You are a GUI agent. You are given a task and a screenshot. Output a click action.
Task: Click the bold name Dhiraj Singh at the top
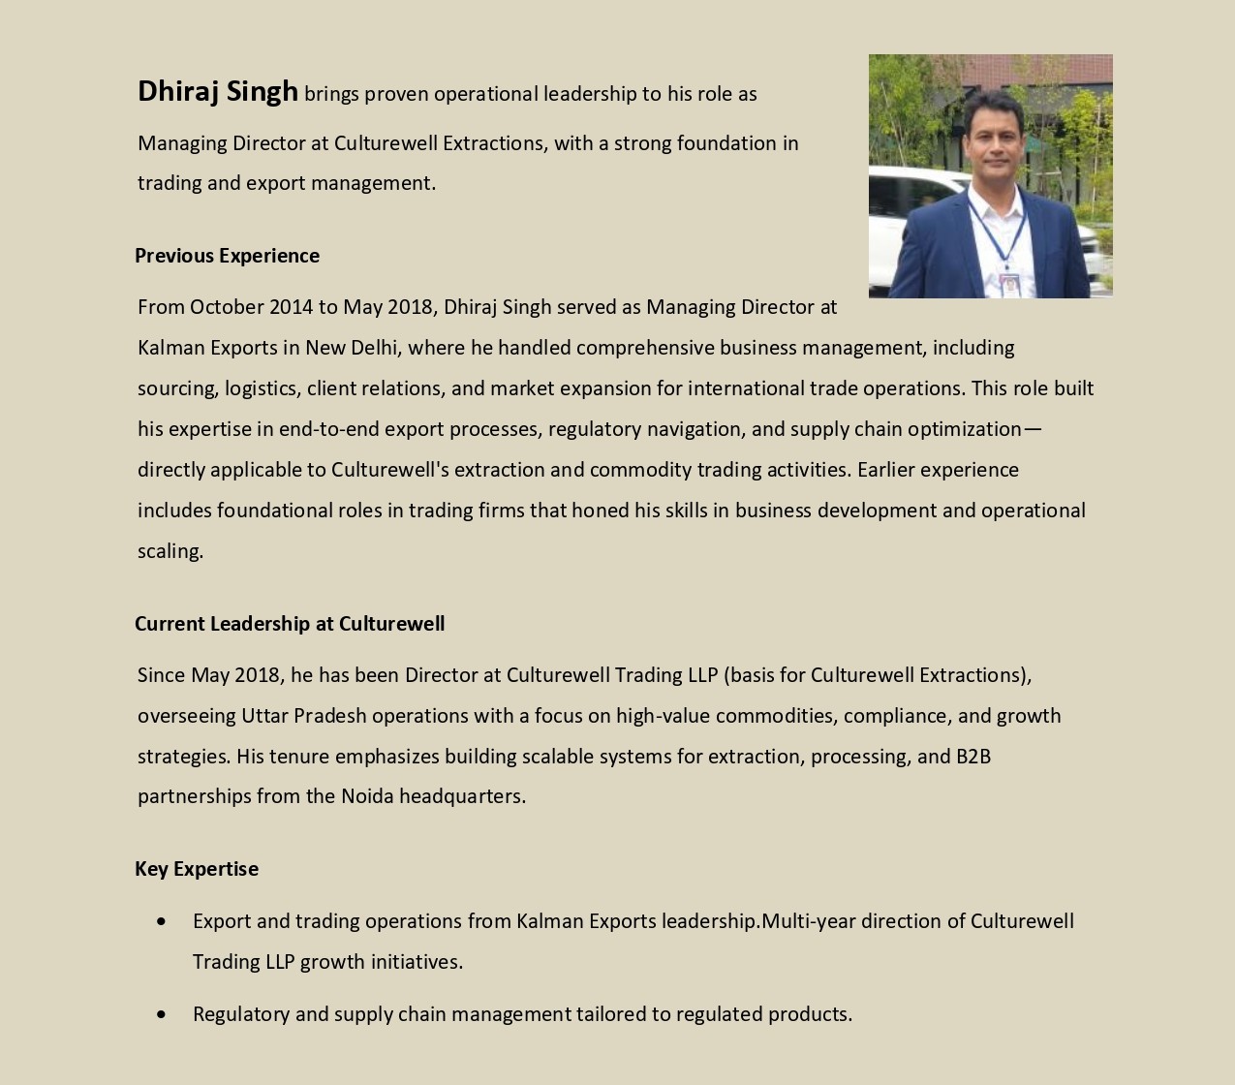(x=218, y=92)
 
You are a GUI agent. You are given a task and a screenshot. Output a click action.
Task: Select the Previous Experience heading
(x=227, y=256)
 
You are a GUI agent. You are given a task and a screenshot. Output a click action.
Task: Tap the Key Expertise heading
(x=197, y=869)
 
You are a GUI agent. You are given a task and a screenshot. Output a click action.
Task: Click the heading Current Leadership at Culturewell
(x=290, y=624)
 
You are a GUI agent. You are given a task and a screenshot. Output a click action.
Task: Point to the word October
(x=227, y=307)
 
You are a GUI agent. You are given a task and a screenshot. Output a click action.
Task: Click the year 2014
(x=292, y=307)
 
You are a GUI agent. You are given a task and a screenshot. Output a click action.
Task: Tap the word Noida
(x=367, y=796)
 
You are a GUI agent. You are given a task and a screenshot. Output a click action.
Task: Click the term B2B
(x=973, y=757)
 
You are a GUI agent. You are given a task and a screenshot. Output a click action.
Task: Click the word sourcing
(x=177, y=388)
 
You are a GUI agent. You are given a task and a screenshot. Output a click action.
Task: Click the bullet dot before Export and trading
(x=161, y=921)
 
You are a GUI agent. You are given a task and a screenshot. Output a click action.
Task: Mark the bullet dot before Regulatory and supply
(x=161, y=1014)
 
